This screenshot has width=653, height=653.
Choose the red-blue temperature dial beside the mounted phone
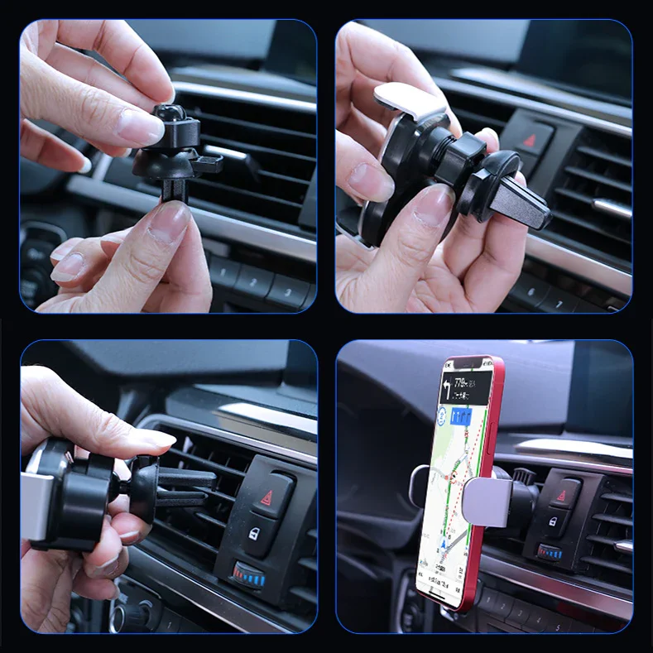point(548,552)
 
